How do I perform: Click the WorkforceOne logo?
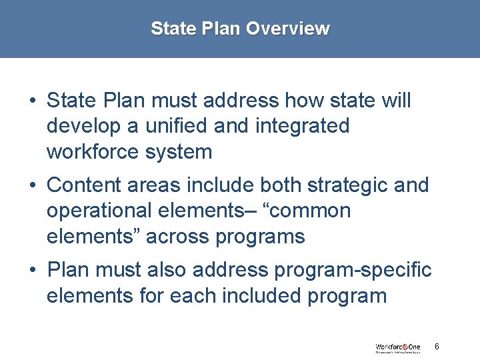(x=397, y=347)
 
